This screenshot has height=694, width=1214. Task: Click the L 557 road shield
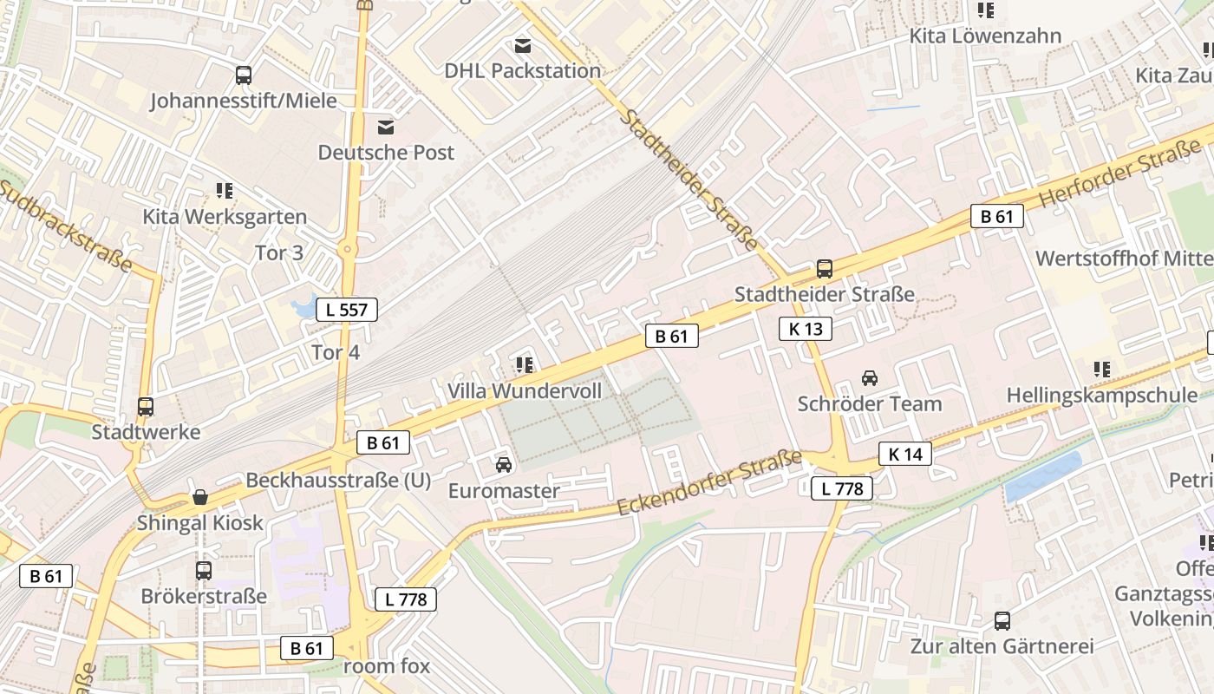(x=347, y=310)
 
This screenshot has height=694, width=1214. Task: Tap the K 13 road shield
(x=806, y=329)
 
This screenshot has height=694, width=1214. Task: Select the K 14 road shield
(x=905, y=454)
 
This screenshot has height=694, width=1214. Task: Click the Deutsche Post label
(x=386, y=153)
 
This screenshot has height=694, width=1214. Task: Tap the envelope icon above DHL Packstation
(x=523, y=45)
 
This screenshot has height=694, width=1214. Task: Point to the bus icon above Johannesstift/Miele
(x=244, y=75)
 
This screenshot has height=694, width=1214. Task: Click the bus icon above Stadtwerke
(x=146, y=406)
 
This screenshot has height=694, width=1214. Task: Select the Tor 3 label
(x=279, y=253)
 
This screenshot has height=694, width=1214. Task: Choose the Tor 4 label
(x=336, y=353)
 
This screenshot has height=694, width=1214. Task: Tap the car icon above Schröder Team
(x=869, y=378)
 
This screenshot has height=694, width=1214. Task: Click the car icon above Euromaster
(x=504, y=466)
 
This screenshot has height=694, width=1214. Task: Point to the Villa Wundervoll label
(x=525, y=391)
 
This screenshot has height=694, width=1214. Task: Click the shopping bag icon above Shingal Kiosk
(x=200, y=497)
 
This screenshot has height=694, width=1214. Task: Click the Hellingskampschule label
(x=1101, y=396)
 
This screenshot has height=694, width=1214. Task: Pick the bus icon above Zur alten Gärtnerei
(x=1002, y=621)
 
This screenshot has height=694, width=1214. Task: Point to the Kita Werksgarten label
(x=225, y=217)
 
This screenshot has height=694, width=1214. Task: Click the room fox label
(x=387, y=666)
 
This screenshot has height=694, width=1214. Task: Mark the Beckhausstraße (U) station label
(x=338, y=481)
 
